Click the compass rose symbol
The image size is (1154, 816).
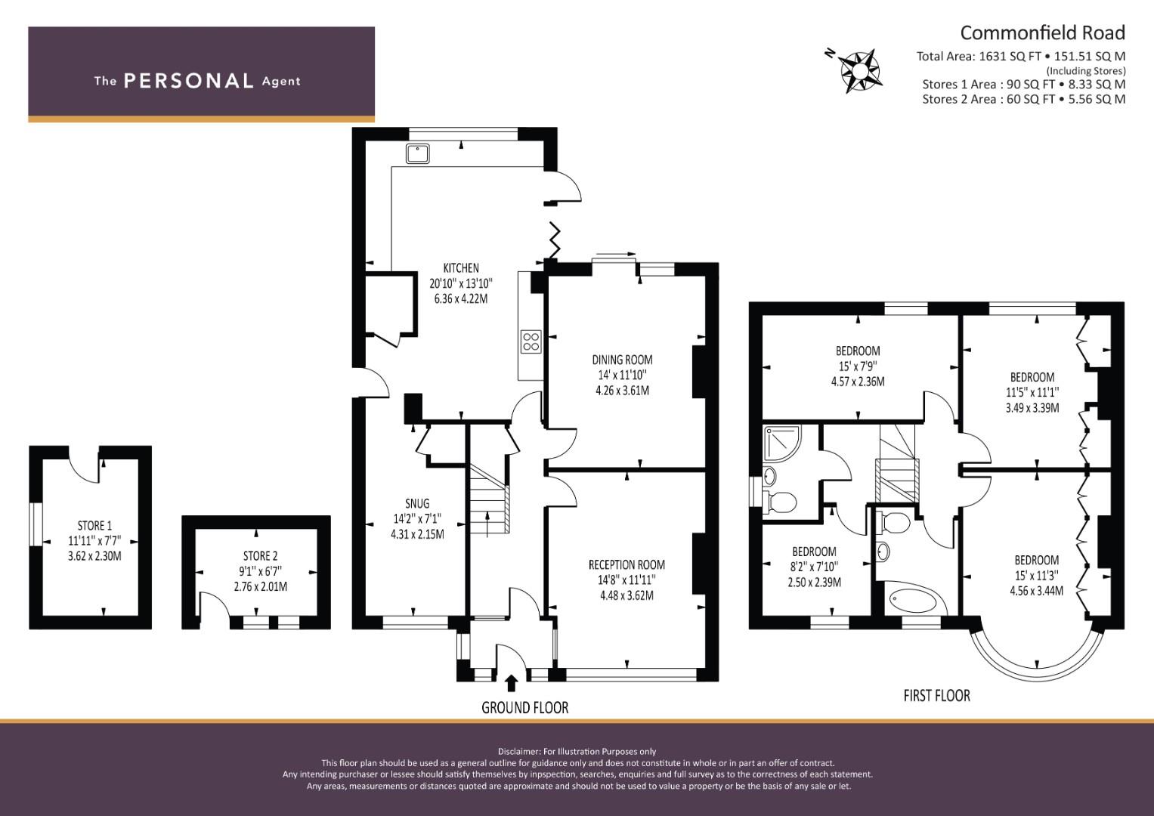pyautogui.click(x=859, y=70)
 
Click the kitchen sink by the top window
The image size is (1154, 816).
pyautogui.click(x=417, y=153)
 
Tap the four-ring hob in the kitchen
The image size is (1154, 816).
pyautogui.click(x=531, y=342)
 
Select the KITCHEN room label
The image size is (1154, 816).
pyautogui.click(x=460, y=268)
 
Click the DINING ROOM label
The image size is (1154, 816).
pyautogui.click(x=622, y=360)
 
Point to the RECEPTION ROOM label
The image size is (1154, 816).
pyautogui.click(x=627, y=564)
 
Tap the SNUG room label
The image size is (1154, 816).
pyautogui.click(x=416, y=503)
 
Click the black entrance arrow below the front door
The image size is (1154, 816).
pyautogui.click(x=511, y=683)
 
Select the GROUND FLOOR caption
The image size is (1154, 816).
pyautogui.click(x=524, y=707)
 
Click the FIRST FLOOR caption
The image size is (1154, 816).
pyautogui.click(x=936, y=695)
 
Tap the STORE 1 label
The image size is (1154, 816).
pyautogui.click(x=94, y=525)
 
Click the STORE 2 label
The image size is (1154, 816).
pyautogui.click(x=255, y=556)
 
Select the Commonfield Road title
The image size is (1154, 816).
pyautogui.click(x=1042, y=32)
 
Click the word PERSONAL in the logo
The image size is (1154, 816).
pyautogui.click(x=188, y=81)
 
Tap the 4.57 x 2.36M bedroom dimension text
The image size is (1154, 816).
pyautogui.click(x=857, y=382)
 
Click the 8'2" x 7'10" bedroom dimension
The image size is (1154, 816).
pyautogui.click(x=814, y=567)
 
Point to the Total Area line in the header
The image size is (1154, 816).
pyautogui.click(x=1020, y=56)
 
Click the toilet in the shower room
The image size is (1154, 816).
pyautogui.click(x=781, y=501)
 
